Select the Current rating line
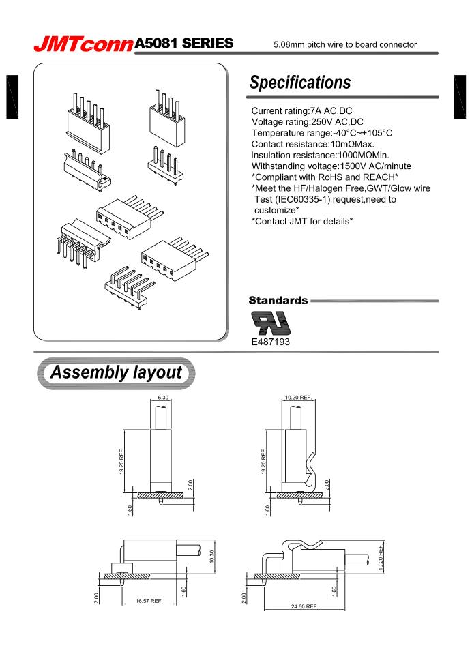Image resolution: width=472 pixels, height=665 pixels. pyautogui.click(x=301, y=111)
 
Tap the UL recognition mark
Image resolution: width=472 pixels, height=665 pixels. pyautogui.click(x=271, y=321)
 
